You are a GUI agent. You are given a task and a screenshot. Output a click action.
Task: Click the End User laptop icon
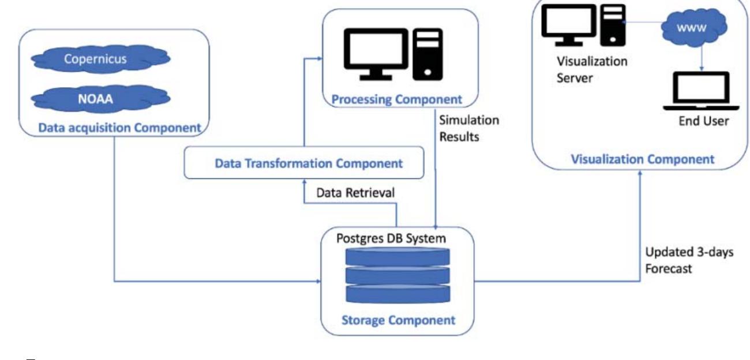tap(702, 92)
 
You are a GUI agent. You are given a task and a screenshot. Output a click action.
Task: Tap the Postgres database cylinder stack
tap(397, 276)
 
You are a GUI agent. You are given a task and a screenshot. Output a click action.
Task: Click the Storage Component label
tap(397, 320)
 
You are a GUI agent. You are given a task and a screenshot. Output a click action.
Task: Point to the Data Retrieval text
tap(355, 193)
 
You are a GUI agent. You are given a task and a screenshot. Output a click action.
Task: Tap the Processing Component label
tap(397, 99)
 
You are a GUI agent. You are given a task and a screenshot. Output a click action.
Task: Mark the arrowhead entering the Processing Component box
tap(319, 58)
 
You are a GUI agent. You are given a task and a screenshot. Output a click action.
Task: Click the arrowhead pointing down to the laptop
tap(702, 68)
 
